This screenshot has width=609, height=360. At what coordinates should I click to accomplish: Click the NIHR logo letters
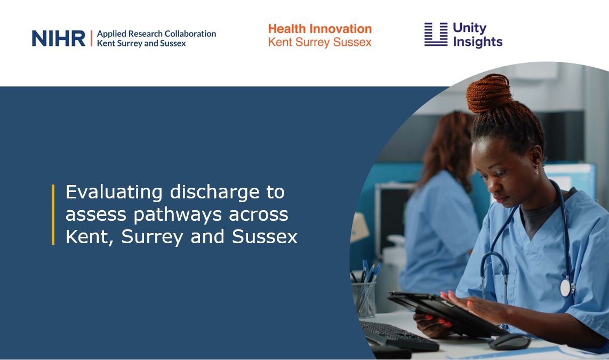(x=58, y=38)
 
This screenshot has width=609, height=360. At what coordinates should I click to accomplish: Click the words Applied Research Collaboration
(x=157, y=34)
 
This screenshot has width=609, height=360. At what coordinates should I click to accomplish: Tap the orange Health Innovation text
(x=320, y=29)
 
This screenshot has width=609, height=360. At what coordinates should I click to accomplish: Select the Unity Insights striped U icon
(x=436, y=34)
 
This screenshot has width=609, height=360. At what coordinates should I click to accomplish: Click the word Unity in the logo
(x=470, y=28)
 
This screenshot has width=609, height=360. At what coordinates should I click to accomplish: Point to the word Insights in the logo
(x=478, y=42)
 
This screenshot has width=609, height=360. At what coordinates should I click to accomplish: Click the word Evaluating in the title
(x=114, y=192)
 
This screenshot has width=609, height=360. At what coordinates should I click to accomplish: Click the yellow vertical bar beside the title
(x=53, y=214)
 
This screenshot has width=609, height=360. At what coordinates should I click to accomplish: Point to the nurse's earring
(x=537, y=170)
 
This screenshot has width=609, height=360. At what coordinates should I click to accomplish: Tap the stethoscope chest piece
(x=567, y=288)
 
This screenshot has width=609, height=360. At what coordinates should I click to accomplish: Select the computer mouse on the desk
(x=510, y=341)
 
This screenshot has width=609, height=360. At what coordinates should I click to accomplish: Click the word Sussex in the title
(x=265, y=236)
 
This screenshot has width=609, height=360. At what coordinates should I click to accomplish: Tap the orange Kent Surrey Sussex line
(x=319, y=42)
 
